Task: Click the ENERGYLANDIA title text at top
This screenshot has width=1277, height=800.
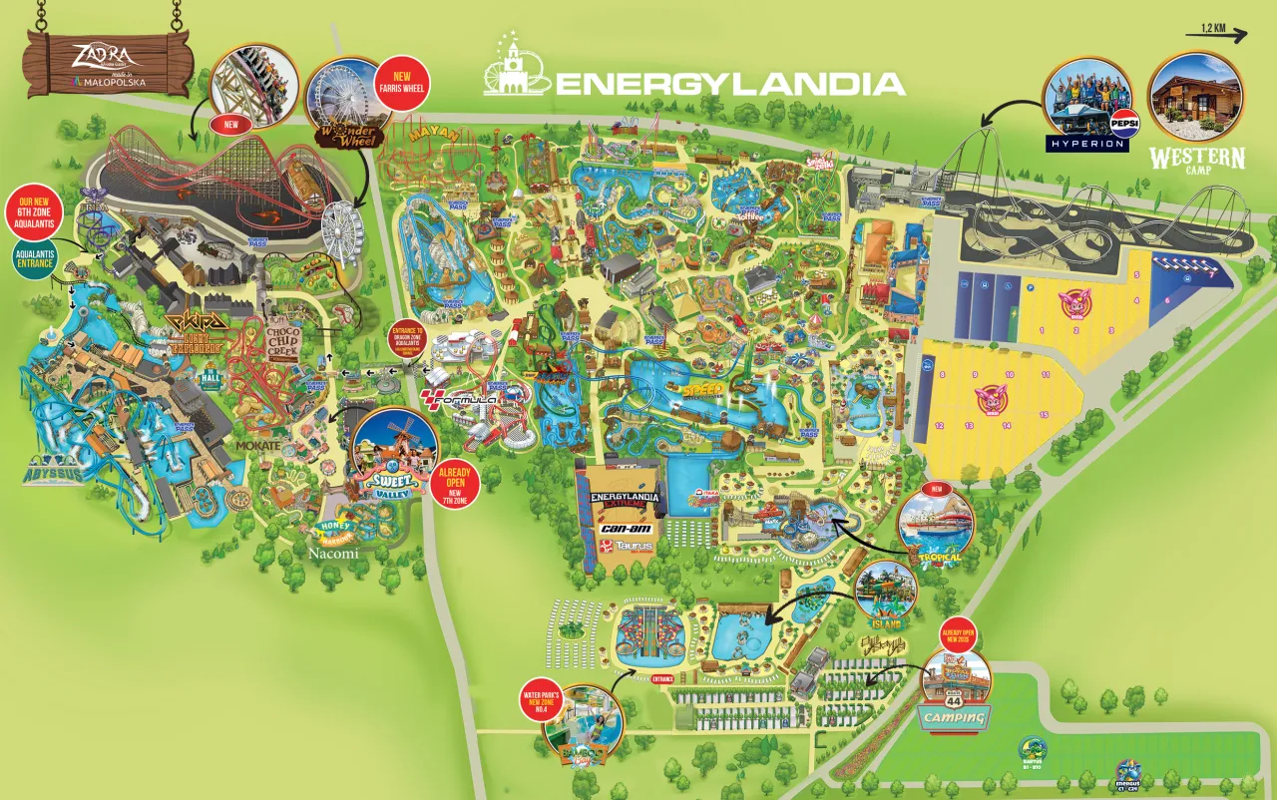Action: pos(728,82)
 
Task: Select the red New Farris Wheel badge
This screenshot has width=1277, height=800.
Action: pos(403,81)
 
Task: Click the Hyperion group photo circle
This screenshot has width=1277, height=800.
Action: pos(1088,98)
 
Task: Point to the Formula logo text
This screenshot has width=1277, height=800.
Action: pos(460,399)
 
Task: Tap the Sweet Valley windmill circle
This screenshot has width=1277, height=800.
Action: pos(394,453)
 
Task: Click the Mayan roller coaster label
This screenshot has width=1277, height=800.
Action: pos(434,133)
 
